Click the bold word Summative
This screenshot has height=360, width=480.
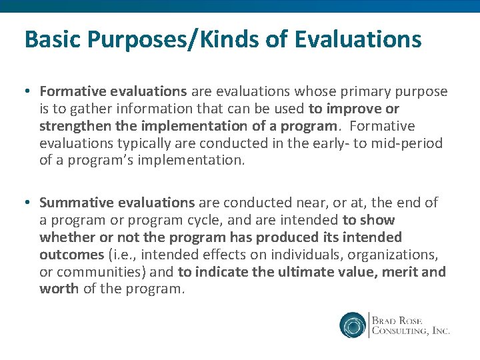75,203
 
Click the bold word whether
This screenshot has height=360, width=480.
65,237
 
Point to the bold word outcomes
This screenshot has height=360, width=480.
71,255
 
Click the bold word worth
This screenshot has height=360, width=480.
59,289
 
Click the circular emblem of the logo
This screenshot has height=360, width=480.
353,325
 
